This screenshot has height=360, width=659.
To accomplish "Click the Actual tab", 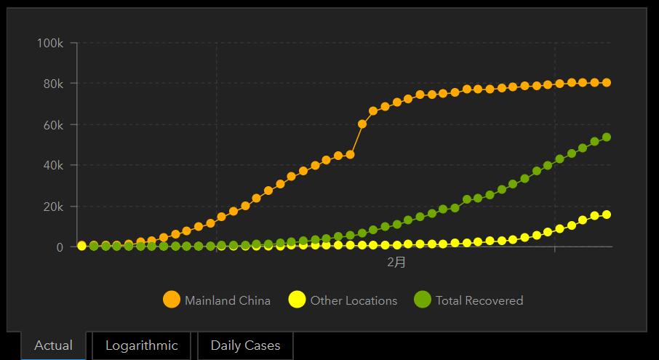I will (53, 345).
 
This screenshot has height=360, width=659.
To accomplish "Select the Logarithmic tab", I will (141, 345).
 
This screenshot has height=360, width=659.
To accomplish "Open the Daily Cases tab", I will (245, 345).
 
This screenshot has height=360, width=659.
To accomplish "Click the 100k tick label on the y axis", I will (50, 44).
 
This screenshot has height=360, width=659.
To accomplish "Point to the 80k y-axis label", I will (52, 84).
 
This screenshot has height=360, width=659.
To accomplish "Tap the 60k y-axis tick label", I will (52, 125).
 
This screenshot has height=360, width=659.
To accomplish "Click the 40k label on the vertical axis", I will (52, 166).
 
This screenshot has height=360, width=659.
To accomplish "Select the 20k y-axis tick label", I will (52, 207).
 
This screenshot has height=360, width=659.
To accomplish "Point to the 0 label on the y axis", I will (60, 247).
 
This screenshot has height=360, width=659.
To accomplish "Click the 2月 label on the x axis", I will (396, 263).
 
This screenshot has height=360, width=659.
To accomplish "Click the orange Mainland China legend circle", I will (172, 300).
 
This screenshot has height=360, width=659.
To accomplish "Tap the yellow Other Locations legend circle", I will (297, 300).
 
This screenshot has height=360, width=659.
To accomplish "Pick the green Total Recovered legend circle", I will (423, 300).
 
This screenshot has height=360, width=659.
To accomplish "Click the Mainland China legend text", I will (227, 300).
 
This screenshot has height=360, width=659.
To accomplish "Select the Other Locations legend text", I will (354, 300).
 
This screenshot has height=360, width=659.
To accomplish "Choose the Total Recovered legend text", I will (479, 300).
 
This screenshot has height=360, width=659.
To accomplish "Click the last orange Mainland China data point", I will (606, 83).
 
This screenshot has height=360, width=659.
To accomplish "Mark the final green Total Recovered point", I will (606, 137).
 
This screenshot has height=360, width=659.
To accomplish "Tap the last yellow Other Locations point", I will (606, 215).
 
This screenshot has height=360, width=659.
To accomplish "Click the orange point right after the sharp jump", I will (362, 124).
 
